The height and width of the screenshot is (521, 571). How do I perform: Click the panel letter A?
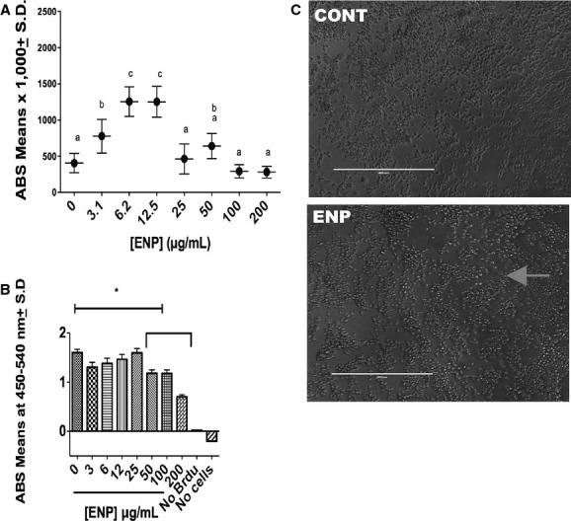[x=7, y=9]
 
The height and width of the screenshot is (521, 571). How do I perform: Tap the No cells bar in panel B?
[x=211, y=436]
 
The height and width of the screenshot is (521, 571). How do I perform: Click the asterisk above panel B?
[x=117, y=293]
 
